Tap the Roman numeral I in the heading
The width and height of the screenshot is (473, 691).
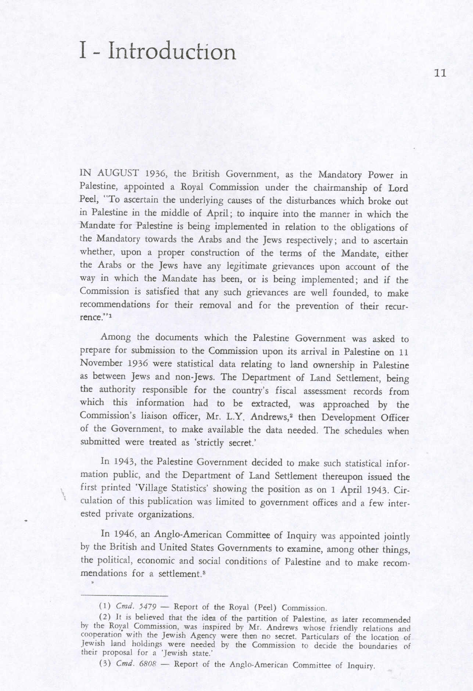(83, 51)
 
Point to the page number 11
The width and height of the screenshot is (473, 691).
(440, 73)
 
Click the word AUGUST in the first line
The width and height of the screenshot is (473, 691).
(118, 173)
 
